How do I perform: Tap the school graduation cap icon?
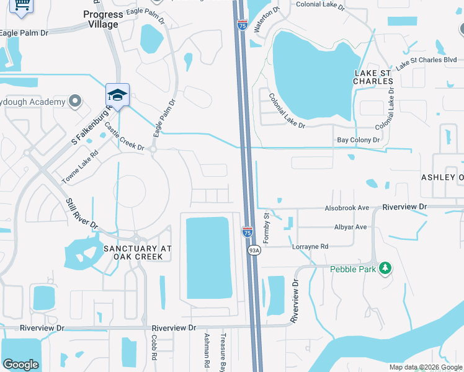tap(117, 95)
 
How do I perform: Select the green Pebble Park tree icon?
tap(386, 268)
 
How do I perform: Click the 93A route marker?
tap(254, 250)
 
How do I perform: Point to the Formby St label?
tap(265, 228)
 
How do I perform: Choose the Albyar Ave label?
tap(350, 227)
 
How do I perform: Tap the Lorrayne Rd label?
tap(310, 246)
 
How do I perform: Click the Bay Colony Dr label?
tap(358, 141)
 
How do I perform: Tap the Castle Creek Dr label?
tap(124, 136)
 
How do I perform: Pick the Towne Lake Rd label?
tap(80, 167)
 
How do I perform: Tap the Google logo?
tap(20, 365)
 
